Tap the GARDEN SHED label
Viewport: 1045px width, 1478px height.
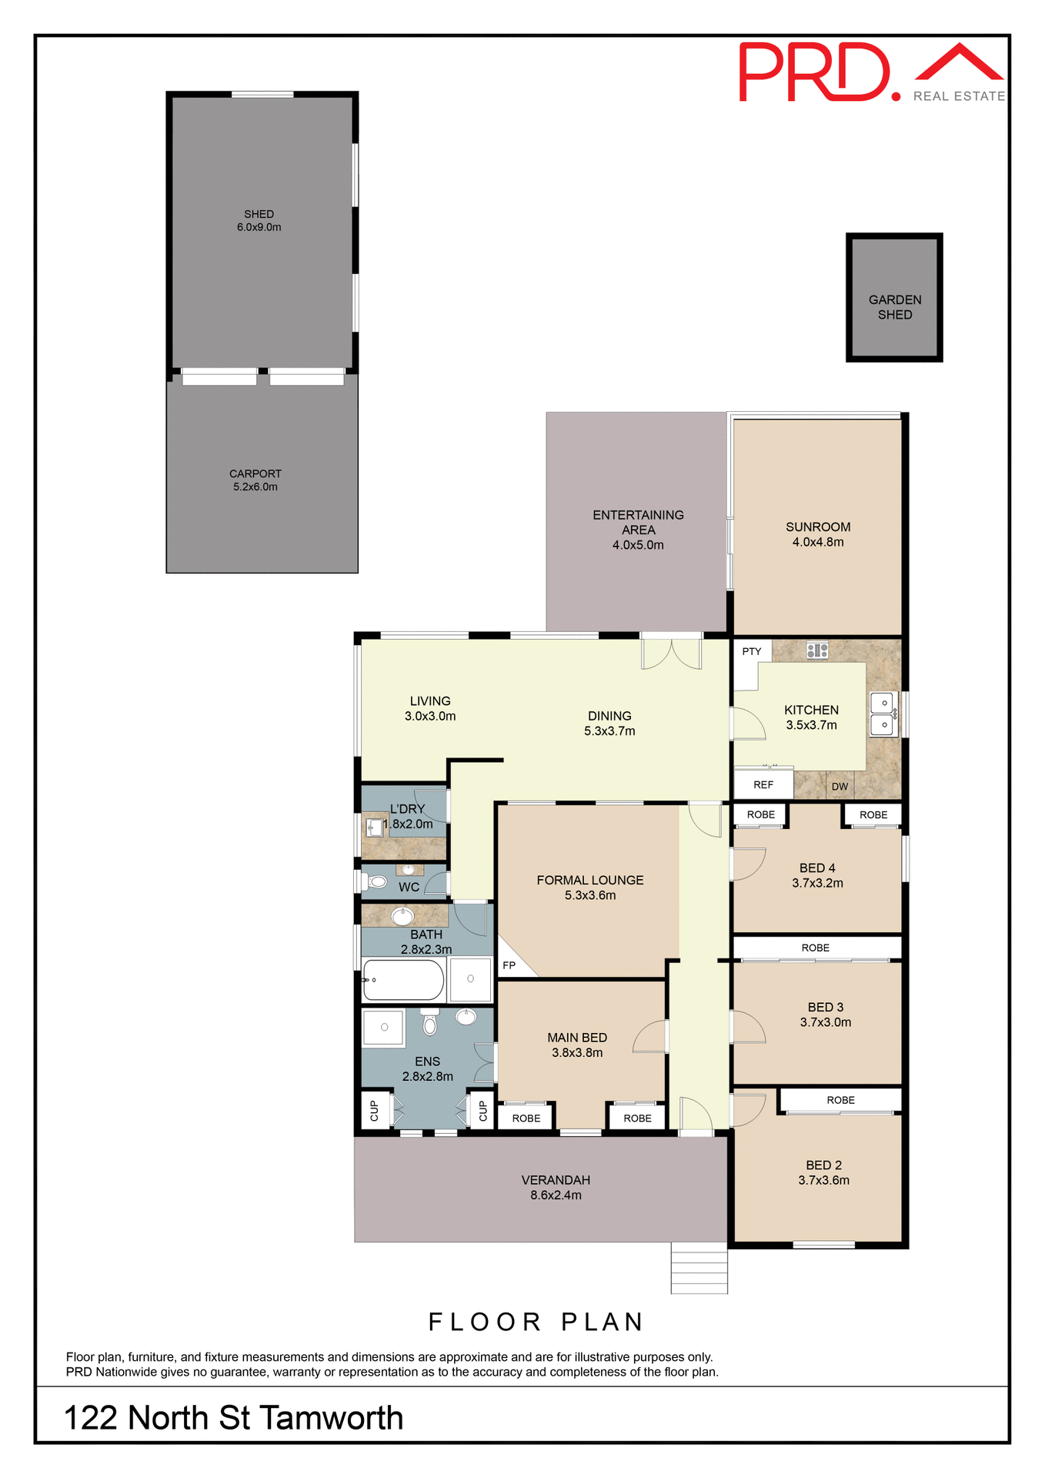894,307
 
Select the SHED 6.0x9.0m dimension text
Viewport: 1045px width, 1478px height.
259,228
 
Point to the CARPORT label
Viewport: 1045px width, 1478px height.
255,473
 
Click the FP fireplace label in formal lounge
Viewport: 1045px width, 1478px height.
509,965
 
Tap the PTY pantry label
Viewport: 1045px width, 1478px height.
751,651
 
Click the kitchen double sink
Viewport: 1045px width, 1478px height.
883,714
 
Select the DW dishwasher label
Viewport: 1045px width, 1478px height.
840,787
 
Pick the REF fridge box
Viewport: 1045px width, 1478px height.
763,784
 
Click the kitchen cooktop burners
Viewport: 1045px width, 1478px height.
816,650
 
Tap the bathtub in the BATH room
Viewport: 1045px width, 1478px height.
403,980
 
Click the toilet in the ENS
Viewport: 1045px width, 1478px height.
429,1022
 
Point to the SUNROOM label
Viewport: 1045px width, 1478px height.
817,527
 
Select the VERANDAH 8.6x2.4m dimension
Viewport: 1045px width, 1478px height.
556,1195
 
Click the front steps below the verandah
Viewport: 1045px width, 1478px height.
699,1268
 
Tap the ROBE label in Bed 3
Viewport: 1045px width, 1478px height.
815,948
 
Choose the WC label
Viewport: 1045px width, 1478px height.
409,887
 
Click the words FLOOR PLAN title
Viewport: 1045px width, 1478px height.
536,1323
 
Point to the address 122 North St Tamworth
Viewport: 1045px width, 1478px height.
233,1418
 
